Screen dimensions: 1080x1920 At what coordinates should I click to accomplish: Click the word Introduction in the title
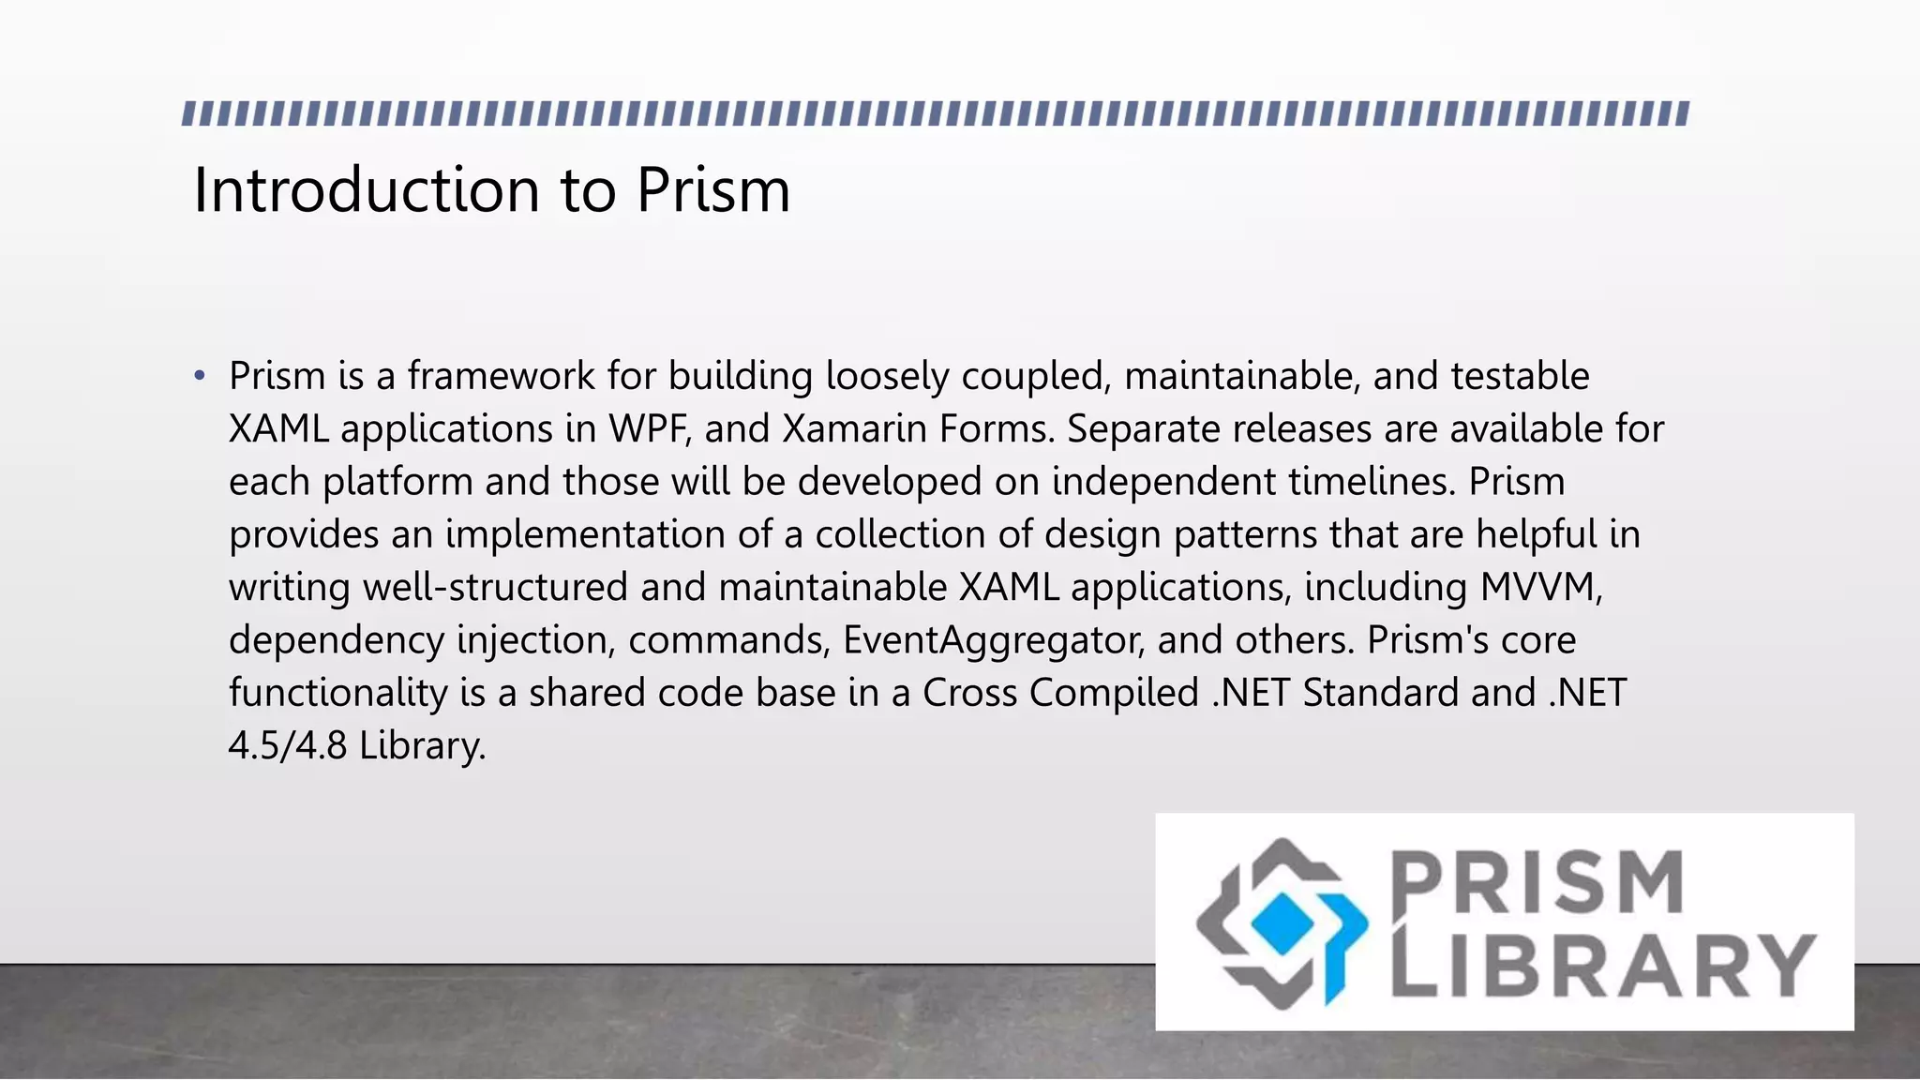click(x=366, y=190)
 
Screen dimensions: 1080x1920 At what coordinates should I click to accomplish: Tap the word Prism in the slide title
click(x=713, y=190)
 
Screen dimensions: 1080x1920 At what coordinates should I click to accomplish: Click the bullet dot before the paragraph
click(x=199, y=377)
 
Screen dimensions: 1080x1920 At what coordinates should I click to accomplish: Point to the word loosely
click(x=887, y=377)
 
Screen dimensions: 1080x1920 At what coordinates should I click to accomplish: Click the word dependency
click(x=337, y=640)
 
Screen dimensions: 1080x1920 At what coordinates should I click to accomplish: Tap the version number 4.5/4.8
click(x=288, y=746)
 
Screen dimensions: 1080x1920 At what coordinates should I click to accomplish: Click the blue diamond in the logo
click(x=1282, y=923)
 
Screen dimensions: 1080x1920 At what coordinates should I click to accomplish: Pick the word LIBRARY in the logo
click(x=1603, y=966)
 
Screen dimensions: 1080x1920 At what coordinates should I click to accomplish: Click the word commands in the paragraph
click(x=728, y=640)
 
